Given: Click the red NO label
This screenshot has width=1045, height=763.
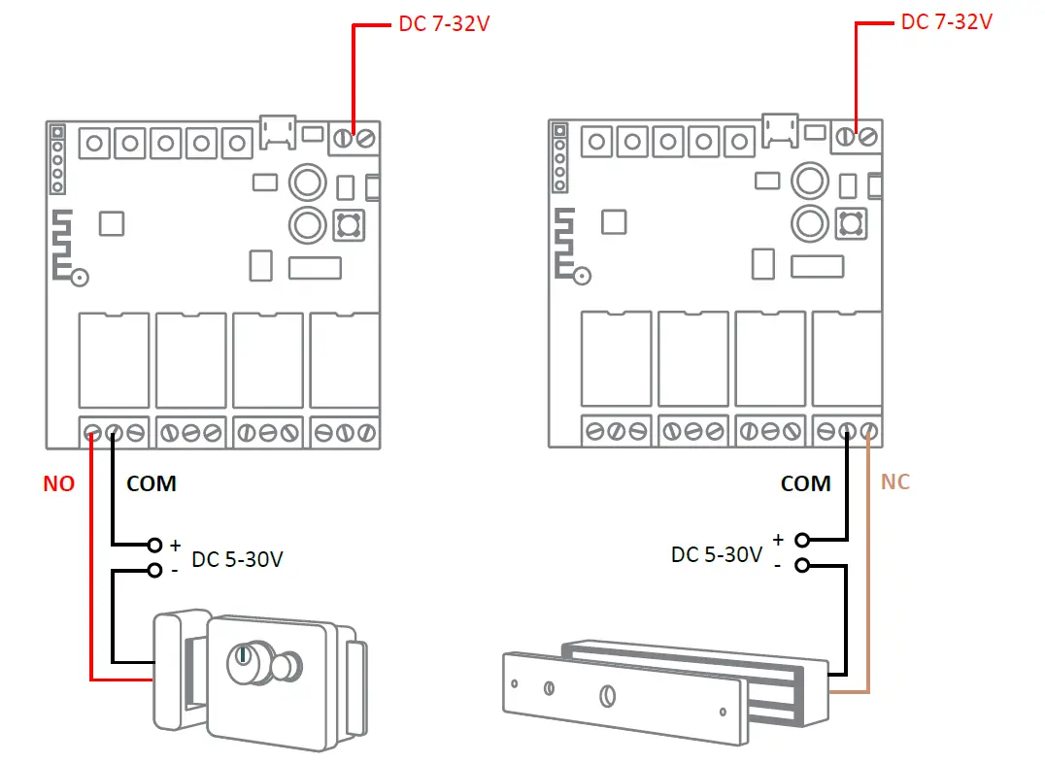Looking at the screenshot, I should tap(58, 483).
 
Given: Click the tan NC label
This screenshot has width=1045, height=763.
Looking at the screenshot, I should tap(895, 481).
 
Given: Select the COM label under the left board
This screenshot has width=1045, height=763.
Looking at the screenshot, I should tap(152, 483).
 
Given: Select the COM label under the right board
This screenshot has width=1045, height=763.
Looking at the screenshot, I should tap(805, 483).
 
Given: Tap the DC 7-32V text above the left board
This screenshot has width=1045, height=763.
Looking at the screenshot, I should tap(444, 23).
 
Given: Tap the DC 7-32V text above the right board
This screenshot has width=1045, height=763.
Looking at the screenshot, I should tap(947, 21).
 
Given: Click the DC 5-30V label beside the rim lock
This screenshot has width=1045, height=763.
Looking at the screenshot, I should tap(237, 560).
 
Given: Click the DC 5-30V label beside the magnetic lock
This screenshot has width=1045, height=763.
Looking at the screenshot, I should tap(716, 555).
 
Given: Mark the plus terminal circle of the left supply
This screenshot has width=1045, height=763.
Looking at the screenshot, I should tap(154, 545).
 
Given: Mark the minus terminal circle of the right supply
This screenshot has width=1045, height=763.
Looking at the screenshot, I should tap(801, 565).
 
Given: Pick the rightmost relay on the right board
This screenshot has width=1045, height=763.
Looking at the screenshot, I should tap(847, 357).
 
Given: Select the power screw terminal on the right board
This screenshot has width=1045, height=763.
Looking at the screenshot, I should tap(857, 138).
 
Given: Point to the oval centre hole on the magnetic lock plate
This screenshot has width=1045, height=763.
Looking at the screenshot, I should tap(607, 696).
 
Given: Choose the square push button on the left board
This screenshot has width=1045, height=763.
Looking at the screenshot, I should tap(348, 225).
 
